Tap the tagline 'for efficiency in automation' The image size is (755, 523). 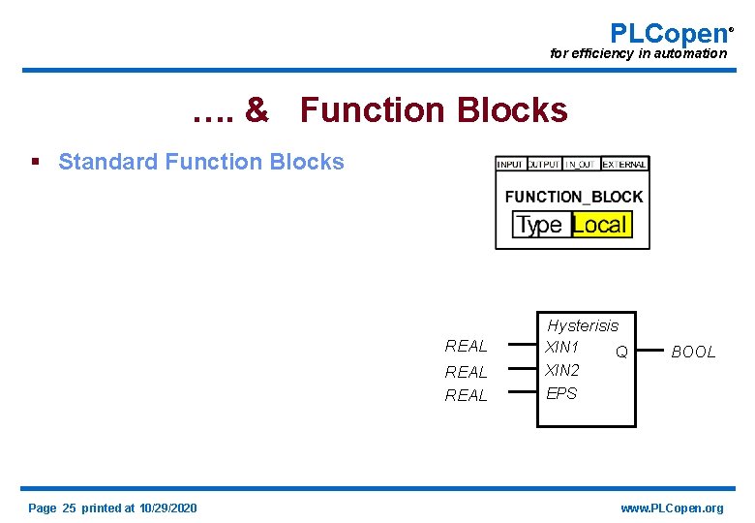638,54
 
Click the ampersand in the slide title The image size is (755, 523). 257,110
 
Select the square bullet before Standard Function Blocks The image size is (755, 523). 36,162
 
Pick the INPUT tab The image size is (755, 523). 510,165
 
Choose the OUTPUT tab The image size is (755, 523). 543,165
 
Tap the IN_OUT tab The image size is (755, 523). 582,165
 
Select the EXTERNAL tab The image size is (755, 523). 624,165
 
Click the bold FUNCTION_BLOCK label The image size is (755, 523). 573,197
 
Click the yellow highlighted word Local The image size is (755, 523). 600,225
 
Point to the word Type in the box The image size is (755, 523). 539,225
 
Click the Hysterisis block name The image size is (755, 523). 582,325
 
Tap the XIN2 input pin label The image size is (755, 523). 562,370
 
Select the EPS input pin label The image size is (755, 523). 561,393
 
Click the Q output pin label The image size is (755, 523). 621,352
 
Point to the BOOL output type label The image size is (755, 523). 693,353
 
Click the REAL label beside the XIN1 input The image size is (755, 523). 466,346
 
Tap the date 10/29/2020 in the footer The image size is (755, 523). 167,508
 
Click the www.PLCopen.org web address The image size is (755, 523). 671,508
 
